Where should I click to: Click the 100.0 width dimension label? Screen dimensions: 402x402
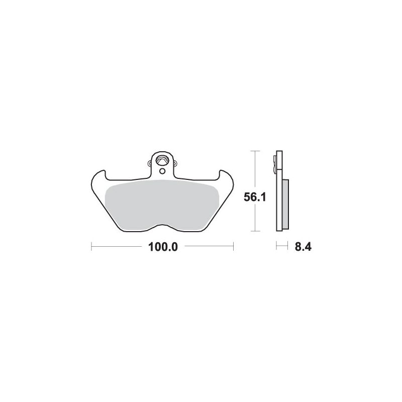163,247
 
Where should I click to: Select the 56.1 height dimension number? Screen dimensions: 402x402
255,197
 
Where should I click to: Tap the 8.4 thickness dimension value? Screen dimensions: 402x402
303,247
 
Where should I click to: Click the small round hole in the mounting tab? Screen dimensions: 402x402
162,171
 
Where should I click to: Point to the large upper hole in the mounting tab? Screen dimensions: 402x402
162,161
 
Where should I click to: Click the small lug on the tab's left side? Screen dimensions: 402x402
149,163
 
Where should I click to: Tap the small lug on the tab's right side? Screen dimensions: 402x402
175,163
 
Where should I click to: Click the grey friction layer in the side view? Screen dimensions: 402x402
285,204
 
